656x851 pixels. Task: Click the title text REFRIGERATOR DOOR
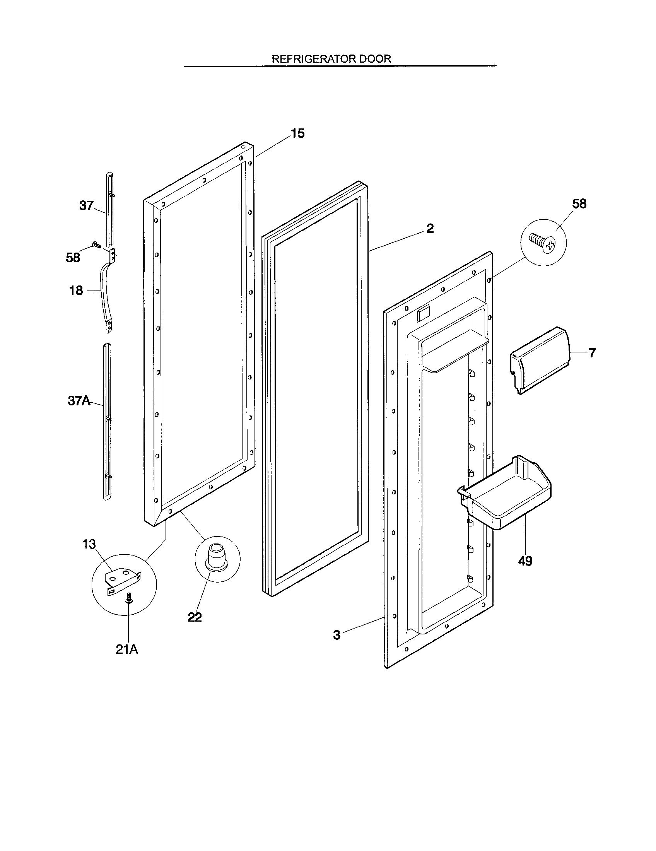[x=331, y=59]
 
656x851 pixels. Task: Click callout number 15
[x=297, y=133]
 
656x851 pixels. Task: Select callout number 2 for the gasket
[x=430, y=228]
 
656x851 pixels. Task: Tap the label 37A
[x=79, y=401]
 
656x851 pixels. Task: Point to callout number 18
[x=76, y=290]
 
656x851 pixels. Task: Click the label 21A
[x=127, y=649]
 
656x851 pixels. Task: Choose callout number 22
[x=195, y=617]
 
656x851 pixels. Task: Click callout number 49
[x=525, y=561]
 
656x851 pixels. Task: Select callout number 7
[x=592, y=353]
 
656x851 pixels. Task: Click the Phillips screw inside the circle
[x=542, y=243]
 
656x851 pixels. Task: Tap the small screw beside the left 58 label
[x=95, y=245]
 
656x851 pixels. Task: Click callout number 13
[x=89, y=544]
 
